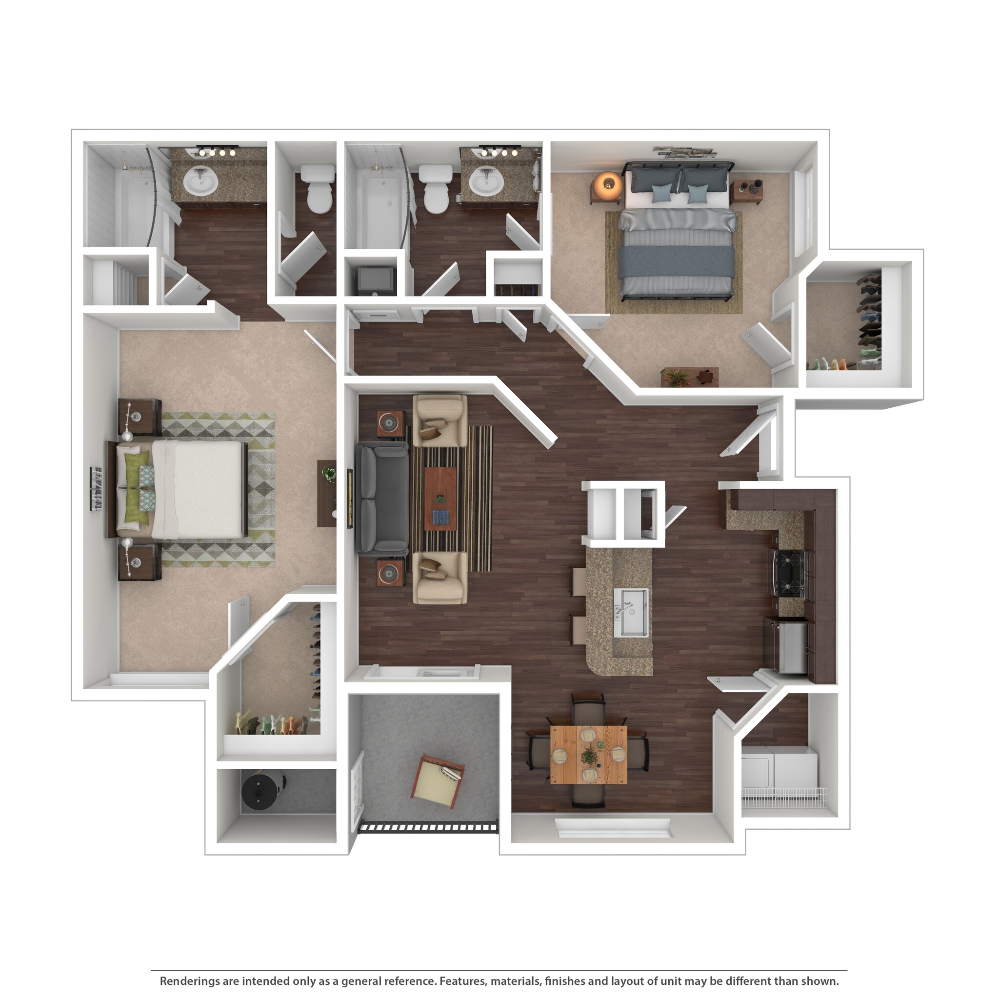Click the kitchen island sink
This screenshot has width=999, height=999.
pyautogui.click(x=631, y=612)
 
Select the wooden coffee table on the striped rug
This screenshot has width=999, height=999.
pyautogui.click(x=440, y=499)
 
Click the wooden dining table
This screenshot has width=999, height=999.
pyautogui.click(x=588, y=755)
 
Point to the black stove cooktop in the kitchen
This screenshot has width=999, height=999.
pyautogui.click(x=790, y=574)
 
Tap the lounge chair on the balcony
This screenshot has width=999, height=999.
pyautogui.click(x=437, y=781)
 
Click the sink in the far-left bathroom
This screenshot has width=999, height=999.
pyautogui.click(x=200, y=181)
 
